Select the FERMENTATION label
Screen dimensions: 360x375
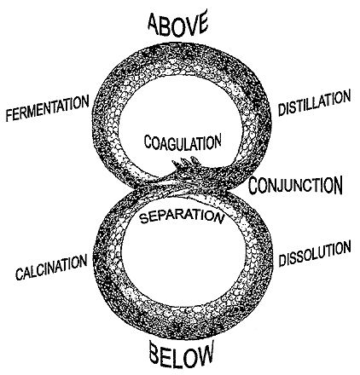(x=47, y=108)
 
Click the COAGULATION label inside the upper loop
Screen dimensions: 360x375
(x=183, y=142)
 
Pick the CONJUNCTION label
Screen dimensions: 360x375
(x=295, y=185)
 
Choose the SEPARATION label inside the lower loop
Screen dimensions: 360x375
(x=182, y=216)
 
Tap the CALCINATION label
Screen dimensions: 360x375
(x=51, y=267)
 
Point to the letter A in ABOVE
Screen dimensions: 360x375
(x=154, y=24)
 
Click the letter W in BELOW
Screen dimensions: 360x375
(x=203, y=355)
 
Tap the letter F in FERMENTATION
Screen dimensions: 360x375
(x=9, y=115)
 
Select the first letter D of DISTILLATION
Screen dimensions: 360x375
(x=282, y=110)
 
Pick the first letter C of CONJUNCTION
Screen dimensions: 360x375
(x=255, y=186)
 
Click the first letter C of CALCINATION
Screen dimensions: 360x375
(x=20, y=274)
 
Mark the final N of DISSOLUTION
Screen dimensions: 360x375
(x=346, y=247)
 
